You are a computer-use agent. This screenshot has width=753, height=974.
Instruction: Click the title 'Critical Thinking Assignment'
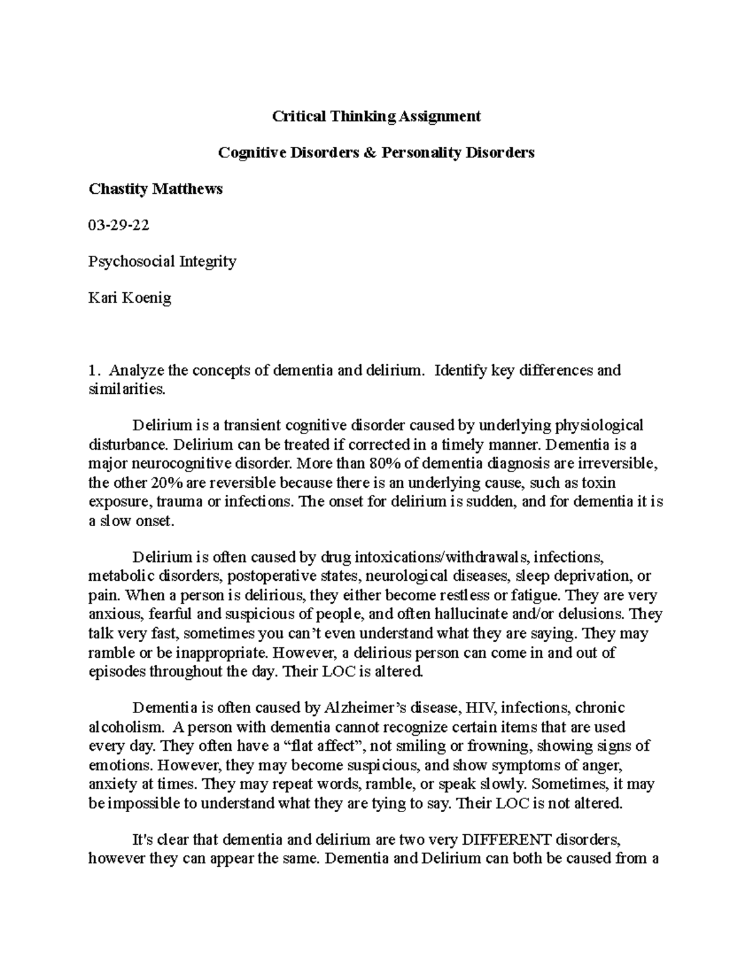click(x=376, y=116)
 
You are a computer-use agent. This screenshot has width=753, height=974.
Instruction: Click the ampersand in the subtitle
click(x=371, y=152)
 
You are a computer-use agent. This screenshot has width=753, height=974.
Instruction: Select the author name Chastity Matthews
click(x=156, y=189)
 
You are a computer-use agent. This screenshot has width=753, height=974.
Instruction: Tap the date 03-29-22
click(x=119, y=225)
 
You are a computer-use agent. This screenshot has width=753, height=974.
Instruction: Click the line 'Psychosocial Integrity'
click(x=163, y=262)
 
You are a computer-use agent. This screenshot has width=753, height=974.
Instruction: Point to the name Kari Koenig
click(x=130, y=298)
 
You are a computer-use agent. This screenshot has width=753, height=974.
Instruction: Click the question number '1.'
click(x=94, y=371)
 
